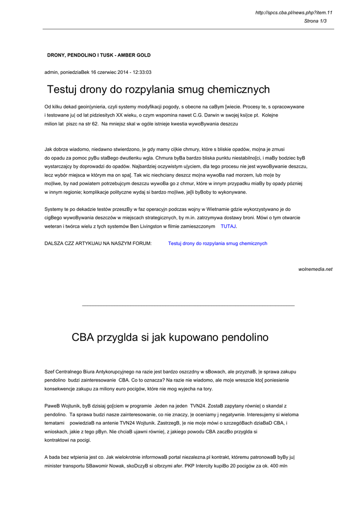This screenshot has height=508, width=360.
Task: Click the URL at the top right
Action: point(293,12)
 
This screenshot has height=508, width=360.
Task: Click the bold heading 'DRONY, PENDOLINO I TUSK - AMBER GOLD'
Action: point(99,55)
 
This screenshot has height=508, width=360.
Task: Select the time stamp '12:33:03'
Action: point(142,72)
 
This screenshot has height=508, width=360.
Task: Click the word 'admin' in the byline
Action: point(51,72)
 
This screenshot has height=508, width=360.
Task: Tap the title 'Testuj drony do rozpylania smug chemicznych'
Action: point(158,90)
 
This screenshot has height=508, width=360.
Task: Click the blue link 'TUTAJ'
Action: point(228,226)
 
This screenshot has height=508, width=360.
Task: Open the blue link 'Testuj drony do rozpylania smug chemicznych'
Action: point(217,244)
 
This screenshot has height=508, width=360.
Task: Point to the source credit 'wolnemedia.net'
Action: point(315,269)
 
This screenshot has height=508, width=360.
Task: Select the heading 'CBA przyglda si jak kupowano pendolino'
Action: point(170,338)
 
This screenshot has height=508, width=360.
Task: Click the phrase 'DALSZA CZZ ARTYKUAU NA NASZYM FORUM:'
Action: point(98,244)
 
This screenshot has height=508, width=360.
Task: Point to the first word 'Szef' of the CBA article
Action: point(50,372)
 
